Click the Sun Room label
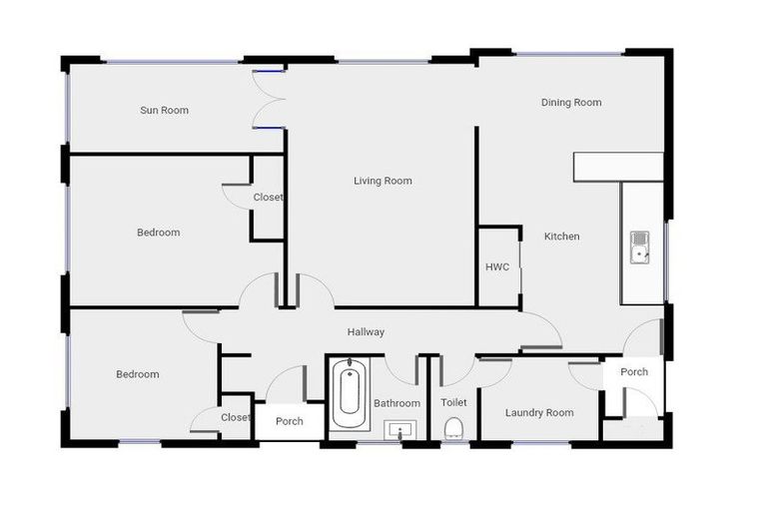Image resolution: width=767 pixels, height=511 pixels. pyautogui.click(x=164, y=111)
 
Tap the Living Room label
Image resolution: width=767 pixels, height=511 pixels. pyautogui.click(x=383, y=181)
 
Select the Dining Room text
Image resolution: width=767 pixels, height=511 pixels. pyautogui.click(x=571, y=103)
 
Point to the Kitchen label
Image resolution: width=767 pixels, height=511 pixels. pyautogui.click(x=561, y=237)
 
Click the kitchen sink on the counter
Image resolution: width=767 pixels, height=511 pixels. pyautogui.click(x=639, y=247)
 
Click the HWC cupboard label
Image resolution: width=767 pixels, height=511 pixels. pyautogui.click(x=497, y=267)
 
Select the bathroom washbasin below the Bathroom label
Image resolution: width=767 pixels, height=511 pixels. pyautogui.click(x=399, y=430)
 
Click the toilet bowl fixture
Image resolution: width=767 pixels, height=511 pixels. pyautogui.click(x=453, y=428)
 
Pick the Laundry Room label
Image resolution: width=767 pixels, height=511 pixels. pyautogui.click(x=539, y=412)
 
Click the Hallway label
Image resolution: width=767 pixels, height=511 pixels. pyautogui.click(x=366, y=332)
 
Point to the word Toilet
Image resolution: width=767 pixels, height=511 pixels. pyautogui.click(x=453, y=402)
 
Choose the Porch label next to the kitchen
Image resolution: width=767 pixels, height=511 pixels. pyautogui.click(x=634, y=371)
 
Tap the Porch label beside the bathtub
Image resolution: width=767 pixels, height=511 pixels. pyautogui.click(x=290, y=420)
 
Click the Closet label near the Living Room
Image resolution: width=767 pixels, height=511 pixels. pyautogui.click(x=268, y=198)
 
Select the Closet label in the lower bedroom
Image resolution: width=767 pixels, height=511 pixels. pyautogui.click(x=236, y=417)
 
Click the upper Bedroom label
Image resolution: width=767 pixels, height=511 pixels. pyautogui.click(x=158, y=233)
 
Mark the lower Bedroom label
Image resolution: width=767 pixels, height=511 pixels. pyautogui.click(x=137, y=374)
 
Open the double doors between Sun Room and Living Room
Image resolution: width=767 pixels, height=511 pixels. pyautogui.click(x=268, y=99)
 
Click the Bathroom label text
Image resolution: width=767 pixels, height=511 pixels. pyautogui.click(x=396, y=403)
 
